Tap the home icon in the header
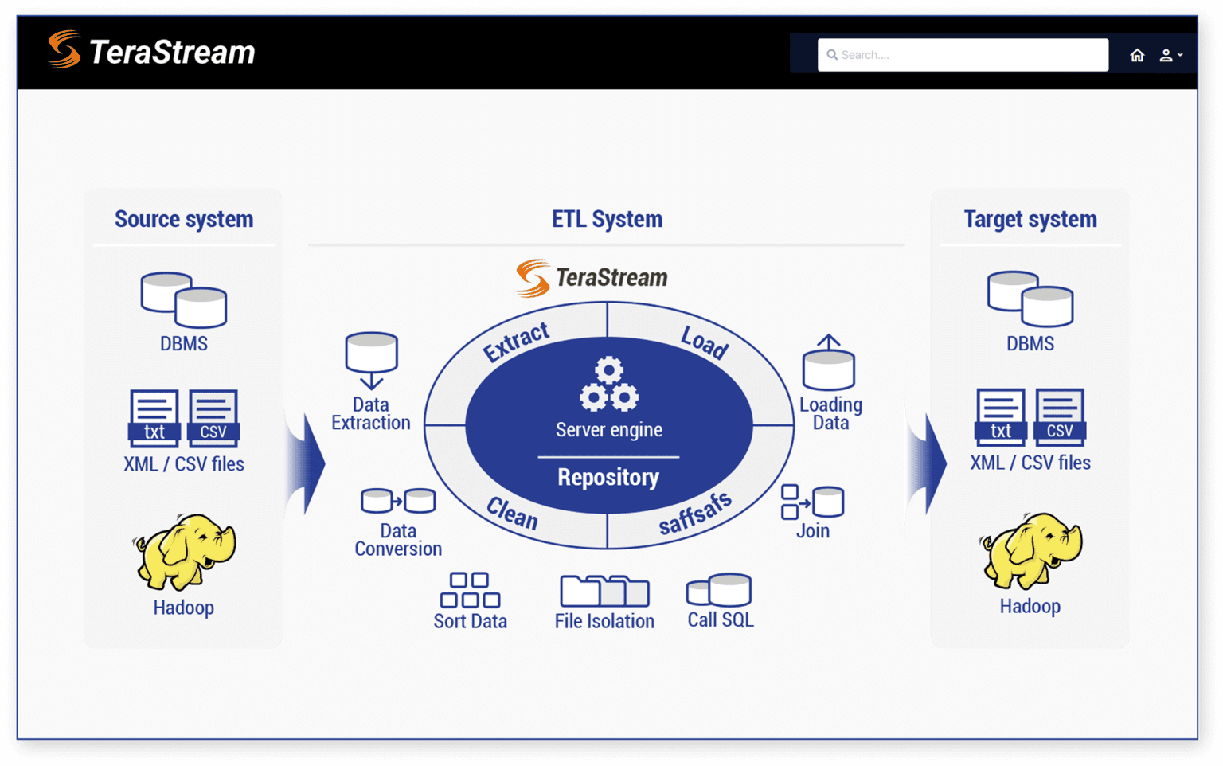coord(1137,55)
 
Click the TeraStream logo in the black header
coord(151,51)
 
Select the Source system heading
coord(184,219)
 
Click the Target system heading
coord(1030,219)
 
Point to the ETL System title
coord(607,219)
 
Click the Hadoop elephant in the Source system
coord(185,551)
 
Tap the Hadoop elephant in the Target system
coord(1030,550)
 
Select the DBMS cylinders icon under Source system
coord(184,300)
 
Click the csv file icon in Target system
coord(1059,417)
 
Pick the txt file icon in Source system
coord(154,418)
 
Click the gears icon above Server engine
coord(608,385)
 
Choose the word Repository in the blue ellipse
coord(608,477)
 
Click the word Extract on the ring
coord(516,342)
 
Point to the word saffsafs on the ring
coord(694,514)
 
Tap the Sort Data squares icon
coord(470,590)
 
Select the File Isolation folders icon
coord(604,591)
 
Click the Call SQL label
coord(720,619)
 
